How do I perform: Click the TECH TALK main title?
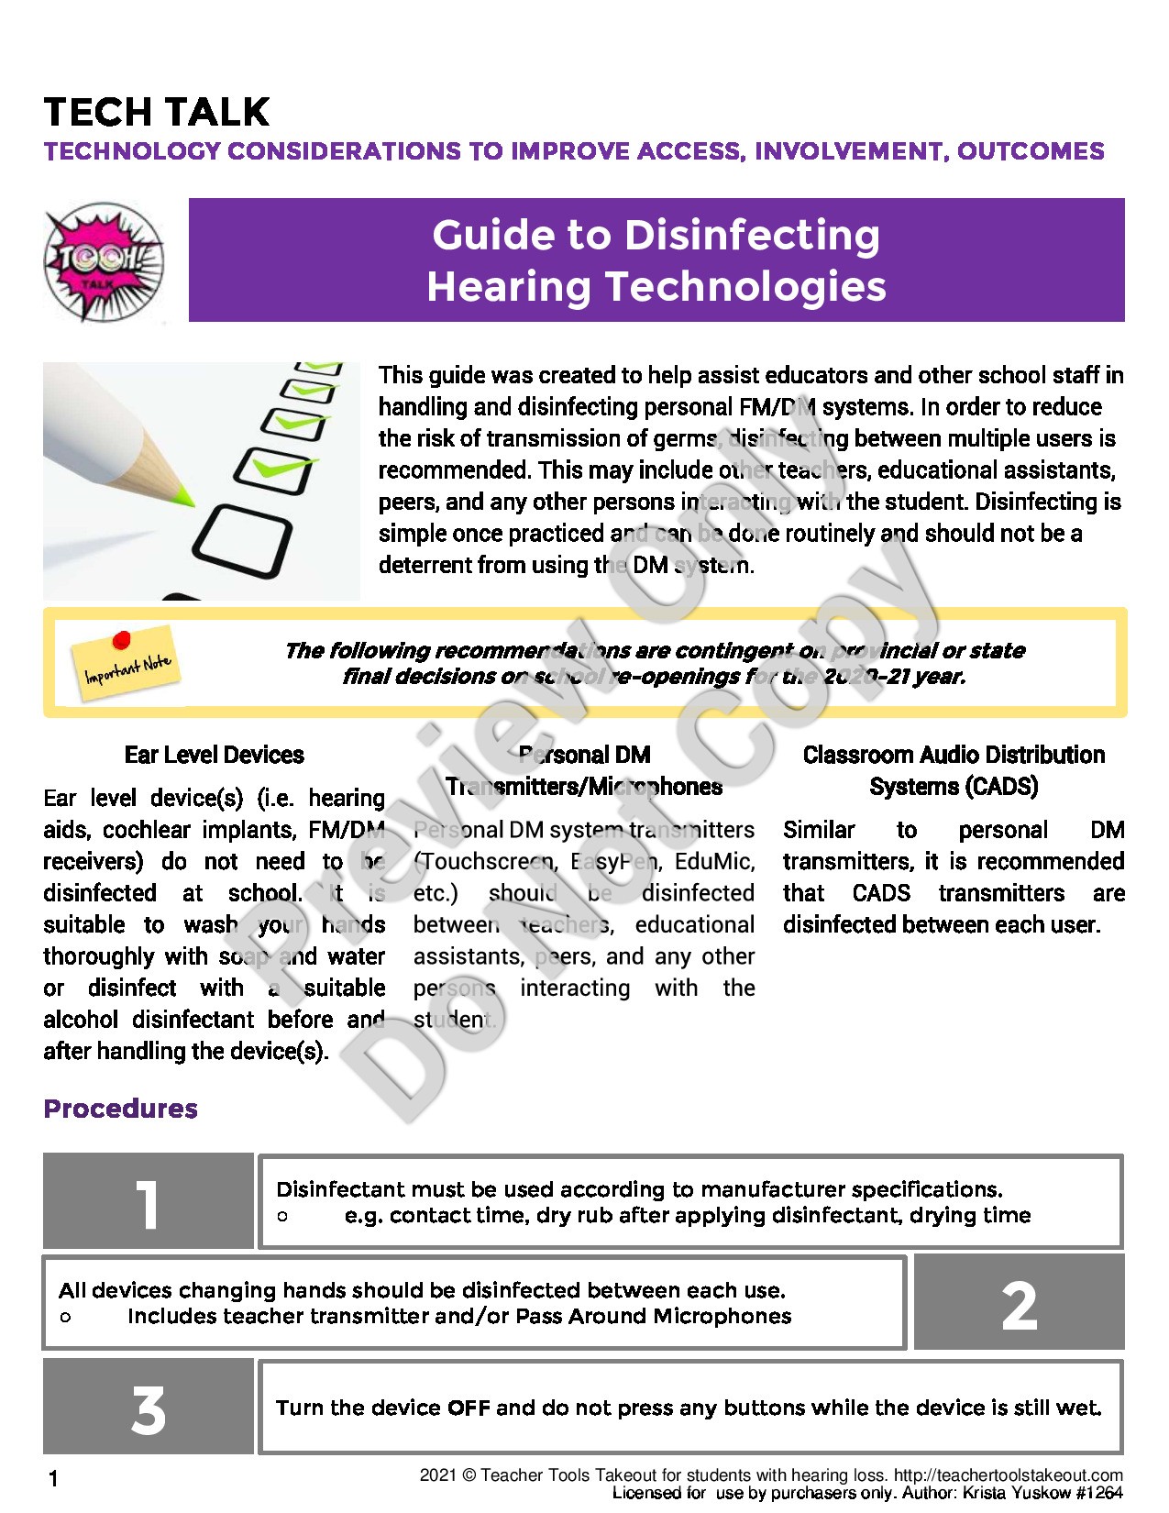[157, 112]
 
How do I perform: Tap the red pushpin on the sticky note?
[121, 639]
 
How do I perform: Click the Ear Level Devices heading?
[214, 755]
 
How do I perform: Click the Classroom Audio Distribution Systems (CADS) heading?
[954, 770]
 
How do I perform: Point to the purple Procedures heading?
[120, 1109]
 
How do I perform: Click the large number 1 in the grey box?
[148, 1204]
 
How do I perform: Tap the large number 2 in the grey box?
[1019, 1306]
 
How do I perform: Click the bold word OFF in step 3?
[469, 1408]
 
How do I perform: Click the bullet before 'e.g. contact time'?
[282, 1217]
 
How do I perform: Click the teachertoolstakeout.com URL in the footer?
[1008, 1475]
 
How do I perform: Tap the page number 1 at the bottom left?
[53, 1478]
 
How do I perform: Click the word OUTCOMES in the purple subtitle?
[1031, 151]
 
